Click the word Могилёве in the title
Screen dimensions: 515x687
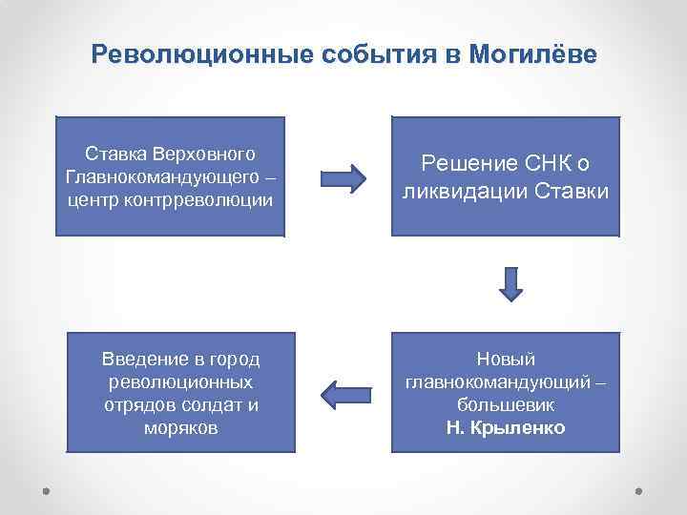(532, 54)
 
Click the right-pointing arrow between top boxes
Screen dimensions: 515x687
(342, 178)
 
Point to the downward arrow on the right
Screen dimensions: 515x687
(510, 282)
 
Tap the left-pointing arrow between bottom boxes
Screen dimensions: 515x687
(342, 392)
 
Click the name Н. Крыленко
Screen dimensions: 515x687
(506, 427)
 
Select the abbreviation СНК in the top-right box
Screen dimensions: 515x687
(544, 163)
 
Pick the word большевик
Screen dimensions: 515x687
(506, 405)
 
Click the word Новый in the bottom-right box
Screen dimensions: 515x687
(506, 360)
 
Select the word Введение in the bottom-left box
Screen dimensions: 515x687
(142, 360)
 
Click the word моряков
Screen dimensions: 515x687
(180, 427)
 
